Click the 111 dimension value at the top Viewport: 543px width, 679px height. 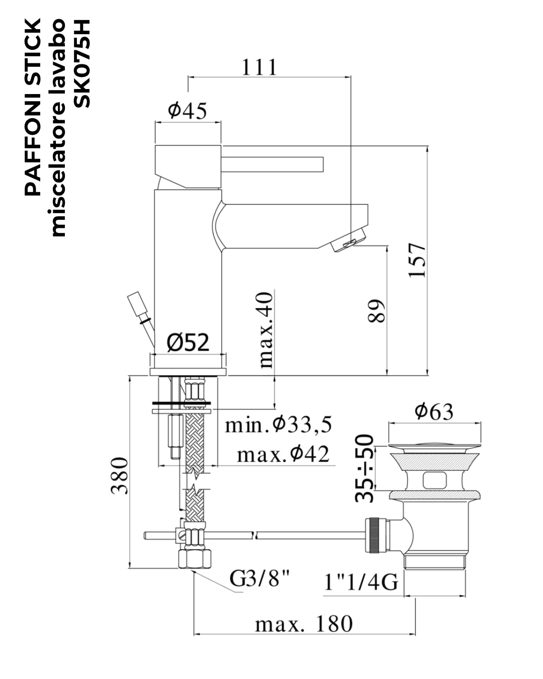(x=259, y=67)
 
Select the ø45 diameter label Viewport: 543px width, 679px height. (x=188, y=111)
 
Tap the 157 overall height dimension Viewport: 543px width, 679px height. (x=417, y=261)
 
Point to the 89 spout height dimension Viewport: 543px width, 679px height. (x=377, y=311)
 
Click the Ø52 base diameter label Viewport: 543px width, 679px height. (x=188, y=343)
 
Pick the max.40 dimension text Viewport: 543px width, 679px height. (x=265, y=330)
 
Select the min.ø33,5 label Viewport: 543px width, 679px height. (x=278, y=425)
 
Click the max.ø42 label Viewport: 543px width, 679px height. (x=284, y=455)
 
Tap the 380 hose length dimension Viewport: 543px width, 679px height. (x=120, y=476)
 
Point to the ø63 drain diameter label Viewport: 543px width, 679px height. (x=434, y=411)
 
